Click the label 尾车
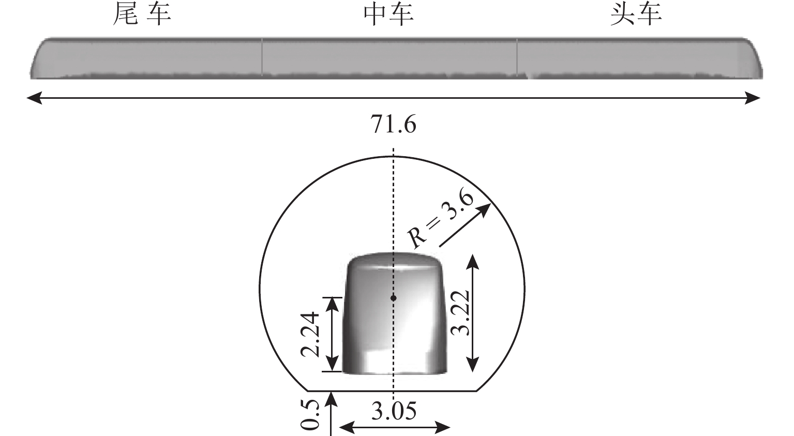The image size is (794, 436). pos(142,15)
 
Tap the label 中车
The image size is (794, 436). pos(389,15)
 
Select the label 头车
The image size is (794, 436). pos(636,15)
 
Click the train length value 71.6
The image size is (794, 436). pos(393,125)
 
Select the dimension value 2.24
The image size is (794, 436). pos(310,334)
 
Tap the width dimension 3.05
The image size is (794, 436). pos(394,412)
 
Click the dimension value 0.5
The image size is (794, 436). pos(310,415)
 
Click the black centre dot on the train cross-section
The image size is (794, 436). pos(393,298)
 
